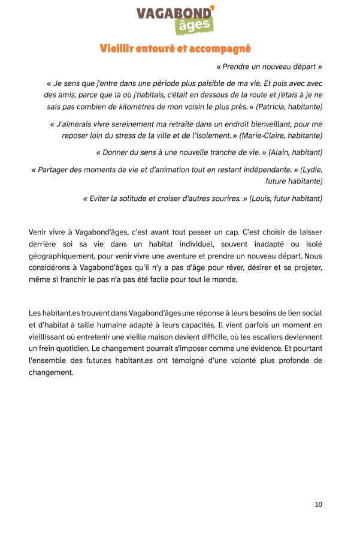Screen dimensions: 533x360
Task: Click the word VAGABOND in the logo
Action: tap(174, 13)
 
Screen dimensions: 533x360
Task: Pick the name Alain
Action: tap(282, 152)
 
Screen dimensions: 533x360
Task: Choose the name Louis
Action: tap(261, 198)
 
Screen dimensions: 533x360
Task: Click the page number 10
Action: tap(318, 504)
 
